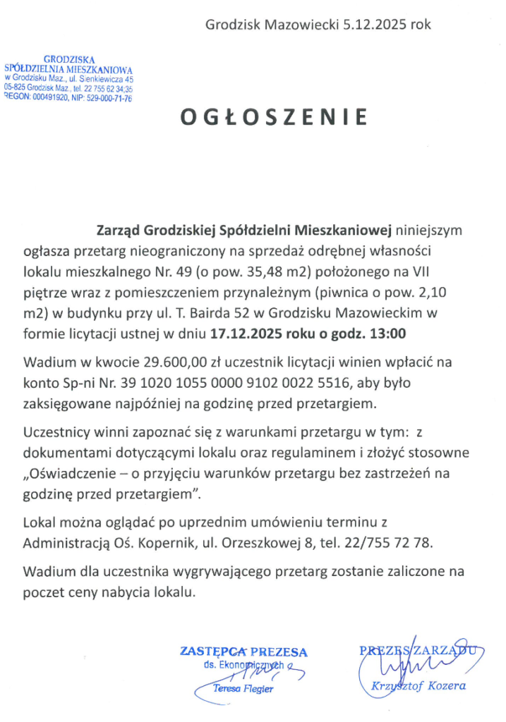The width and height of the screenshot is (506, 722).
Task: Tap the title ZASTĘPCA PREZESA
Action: click(x=243, y=651)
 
